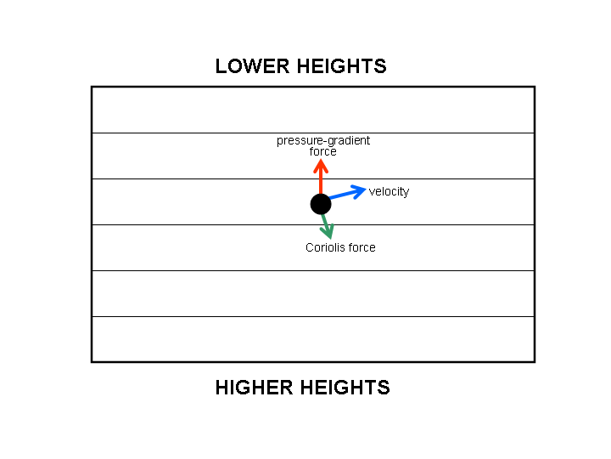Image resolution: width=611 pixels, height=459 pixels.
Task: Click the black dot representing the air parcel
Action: [321, 204]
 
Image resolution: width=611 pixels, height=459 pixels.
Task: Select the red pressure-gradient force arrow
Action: [321, 177]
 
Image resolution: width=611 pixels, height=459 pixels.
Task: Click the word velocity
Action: [389, 192]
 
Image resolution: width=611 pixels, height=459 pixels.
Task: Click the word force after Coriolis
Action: [362, 248]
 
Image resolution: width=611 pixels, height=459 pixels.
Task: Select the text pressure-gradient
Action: [323, 140]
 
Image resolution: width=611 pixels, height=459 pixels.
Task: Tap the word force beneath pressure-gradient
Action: [323, 151]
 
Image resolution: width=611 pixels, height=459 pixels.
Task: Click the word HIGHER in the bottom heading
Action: [253, 388]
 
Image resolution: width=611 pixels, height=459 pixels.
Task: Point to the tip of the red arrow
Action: [321, 161]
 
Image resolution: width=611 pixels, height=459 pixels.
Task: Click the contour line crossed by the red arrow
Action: [212, 178]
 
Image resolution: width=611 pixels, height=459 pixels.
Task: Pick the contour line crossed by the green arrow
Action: [212, 224]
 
